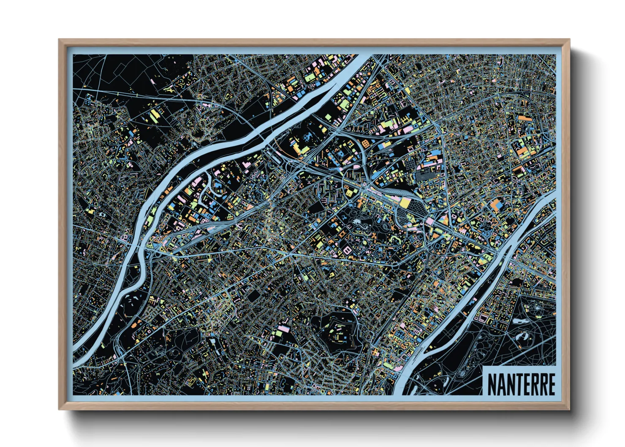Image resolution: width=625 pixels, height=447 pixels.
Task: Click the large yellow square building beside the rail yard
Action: click(x=405, y=203)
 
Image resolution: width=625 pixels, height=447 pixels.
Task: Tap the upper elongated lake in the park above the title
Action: click(x=523, y=335)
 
